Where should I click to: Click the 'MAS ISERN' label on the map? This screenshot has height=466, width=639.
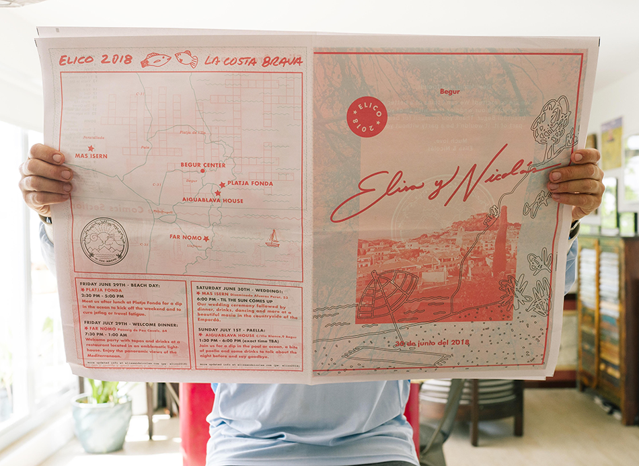coord(91,155)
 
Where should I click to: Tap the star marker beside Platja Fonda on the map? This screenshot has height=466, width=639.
coord(221,184)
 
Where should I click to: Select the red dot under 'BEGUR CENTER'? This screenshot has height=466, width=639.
coord(202,171)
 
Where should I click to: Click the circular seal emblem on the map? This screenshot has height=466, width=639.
coord(104,241)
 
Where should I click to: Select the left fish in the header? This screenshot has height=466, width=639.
coord(156,61)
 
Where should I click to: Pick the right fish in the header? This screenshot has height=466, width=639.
coord(186,59)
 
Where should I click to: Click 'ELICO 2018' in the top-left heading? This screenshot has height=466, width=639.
coord(96,60)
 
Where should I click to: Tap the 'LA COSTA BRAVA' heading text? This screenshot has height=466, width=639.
coord(254,61)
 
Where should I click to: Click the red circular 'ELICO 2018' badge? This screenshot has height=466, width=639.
coord(367,116)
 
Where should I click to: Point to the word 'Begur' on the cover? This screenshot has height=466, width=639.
coord(449,91)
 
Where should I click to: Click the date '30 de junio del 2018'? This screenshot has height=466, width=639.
coord(432,342)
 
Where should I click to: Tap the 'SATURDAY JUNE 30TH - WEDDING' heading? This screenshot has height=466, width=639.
coord(244,286)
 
